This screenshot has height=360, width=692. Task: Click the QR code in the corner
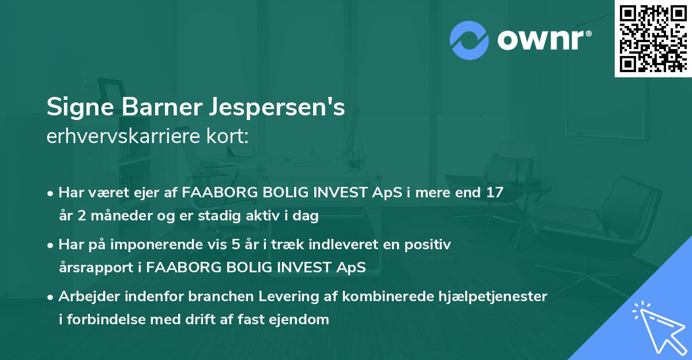click(653, 38)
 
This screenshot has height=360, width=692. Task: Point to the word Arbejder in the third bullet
click(85, 297)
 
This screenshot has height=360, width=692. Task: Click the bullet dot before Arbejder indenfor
click(51, 297)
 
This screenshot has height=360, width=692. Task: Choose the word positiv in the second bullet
click(430, 245)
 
